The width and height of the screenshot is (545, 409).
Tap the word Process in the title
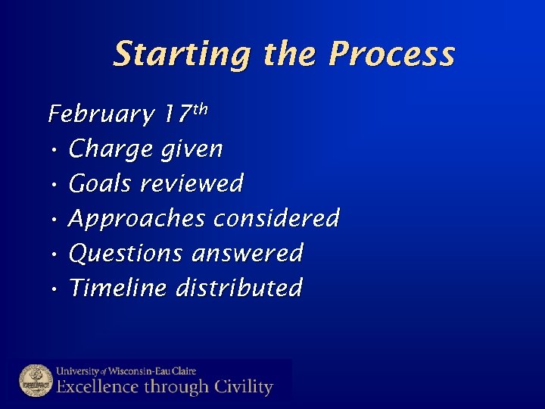click(393, 55)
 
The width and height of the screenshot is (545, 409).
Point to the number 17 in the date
click(175, 114)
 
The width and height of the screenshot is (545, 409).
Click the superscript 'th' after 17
click(199, 109)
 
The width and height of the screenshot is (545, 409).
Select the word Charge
click(111, 150)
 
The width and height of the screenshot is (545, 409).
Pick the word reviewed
click(192, 184)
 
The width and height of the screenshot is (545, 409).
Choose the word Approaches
click(137, 219)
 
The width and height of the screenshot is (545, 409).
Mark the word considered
click(276, 219)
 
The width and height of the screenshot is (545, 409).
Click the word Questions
click(126, 253)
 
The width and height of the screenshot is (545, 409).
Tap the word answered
click(248, 253)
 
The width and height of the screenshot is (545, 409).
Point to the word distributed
click(239, 288)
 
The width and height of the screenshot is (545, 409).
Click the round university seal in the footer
click(35, 381)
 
